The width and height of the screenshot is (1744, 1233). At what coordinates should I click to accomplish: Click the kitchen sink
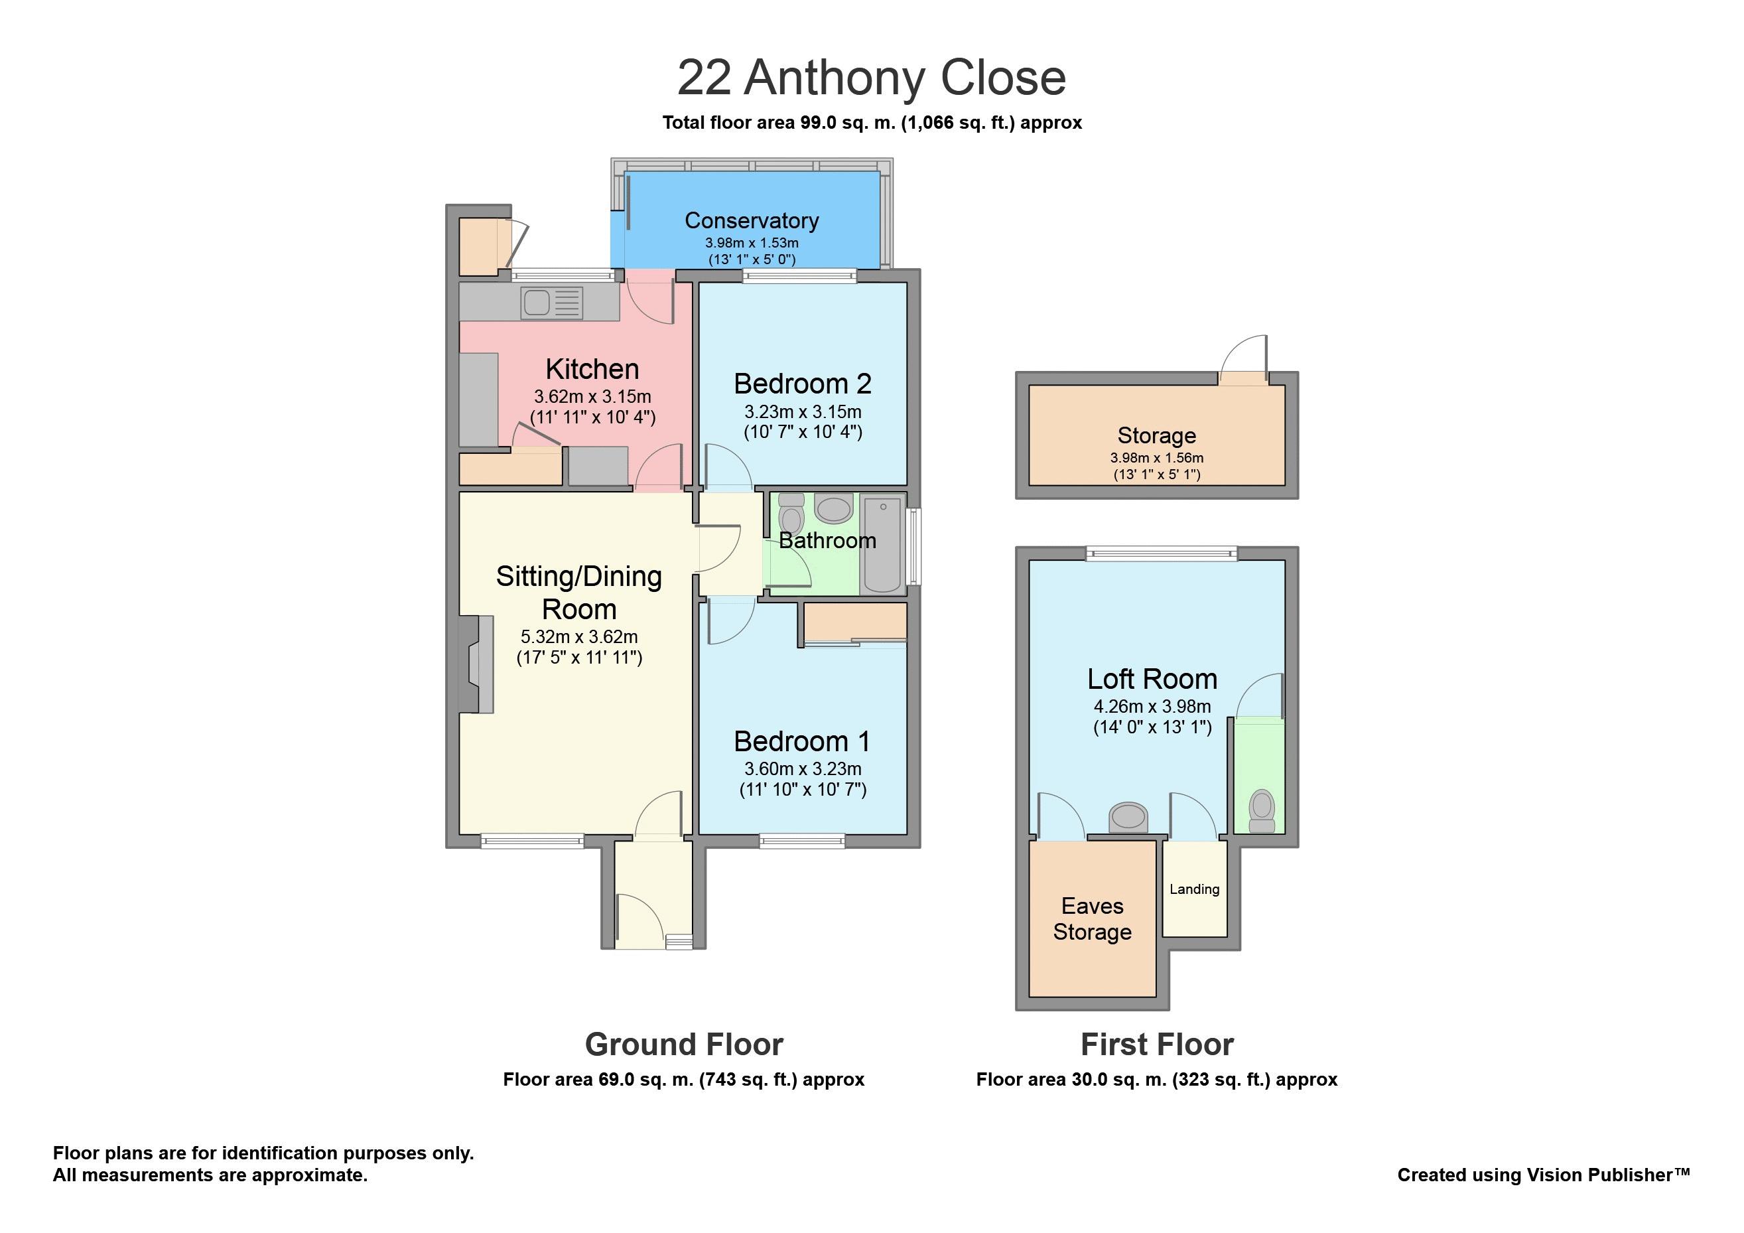551,303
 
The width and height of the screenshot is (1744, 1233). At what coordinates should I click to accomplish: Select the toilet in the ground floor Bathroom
791,514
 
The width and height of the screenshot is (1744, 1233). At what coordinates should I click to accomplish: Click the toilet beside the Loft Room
1262,812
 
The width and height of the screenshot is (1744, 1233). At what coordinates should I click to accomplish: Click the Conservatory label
751,220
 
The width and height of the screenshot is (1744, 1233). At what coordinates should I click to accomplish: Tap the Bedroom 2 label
802,384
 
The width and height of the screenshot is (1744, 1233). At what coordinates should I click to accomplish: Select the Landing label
1194,889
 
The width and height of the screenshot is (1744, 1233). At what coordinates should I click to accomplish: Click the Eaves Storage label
1093,918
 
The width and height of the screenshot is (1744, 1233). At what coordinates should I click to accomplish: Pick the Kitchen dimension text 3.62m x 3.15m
592,397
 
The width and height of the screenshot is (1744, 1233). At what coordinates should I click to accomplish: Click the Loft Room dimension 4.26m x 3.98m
1152,707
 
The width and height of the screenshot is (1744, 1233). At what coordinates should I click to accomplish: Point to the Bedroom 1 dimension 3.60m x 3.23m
803,769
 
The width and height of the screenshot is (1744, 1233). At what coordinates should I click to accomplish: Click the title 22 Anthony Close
871,78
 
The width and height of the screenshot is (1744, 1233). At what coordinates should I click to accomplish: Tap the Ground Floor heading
684,1045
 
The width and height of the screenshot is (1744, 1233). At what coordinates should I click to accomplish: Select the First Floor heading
1157,1045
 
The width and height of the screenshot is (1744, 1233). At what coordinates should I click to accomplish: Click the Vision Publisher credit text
1544,1175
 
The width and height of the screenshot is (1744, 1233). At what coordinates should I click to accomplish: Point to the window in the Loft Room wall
1162,554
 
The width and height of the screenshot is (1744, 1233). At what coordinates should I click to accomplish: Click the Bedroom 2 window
800,276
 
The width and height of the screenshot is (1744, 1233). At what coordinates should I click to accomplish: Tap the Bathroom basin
833,508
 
